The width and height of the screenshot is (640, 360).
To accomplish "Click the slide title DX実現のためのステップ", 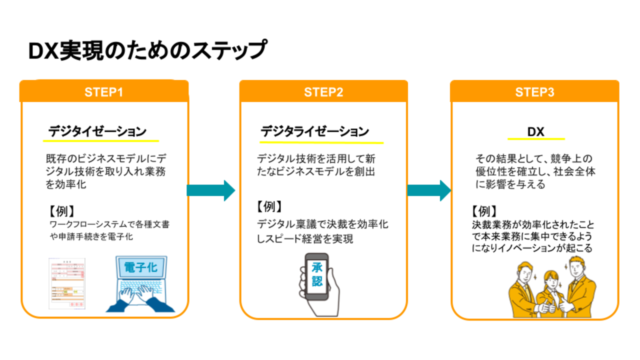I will coord(146,51).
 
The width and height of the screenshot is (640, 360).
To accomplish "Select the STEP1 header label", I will coord(103,92).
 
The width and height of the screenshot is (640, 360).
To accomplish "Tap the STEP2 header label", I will coord(323,92).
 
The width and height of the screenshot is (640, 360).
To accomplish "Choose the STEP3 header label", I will coord(534,92).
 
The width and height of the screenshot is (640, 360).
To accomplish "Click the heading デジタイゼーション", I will coord(97,132).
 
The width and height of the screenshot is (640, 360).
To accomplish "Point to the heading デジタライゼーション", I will coord(314,132).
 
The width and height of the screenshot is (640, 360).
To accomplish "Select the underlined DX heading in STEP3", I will coord(535,132).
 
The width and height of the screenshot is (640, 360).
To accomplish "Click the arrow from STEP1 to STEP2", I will coord(210,190).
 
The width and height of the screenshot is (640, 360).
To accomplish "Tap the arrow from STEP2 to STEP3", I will coord(428,190).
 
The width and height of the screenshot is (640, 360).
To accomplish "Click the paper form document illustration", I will coord(66,283).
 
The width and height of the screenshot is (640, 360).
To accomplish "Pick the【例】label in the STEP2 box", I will coord(269,206).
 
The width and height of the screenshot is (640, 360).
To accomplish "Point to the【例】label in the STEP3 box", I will coord(484,210).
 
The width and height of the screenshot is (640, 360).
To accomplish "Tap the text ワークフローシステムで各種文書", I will coord(109,224).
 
